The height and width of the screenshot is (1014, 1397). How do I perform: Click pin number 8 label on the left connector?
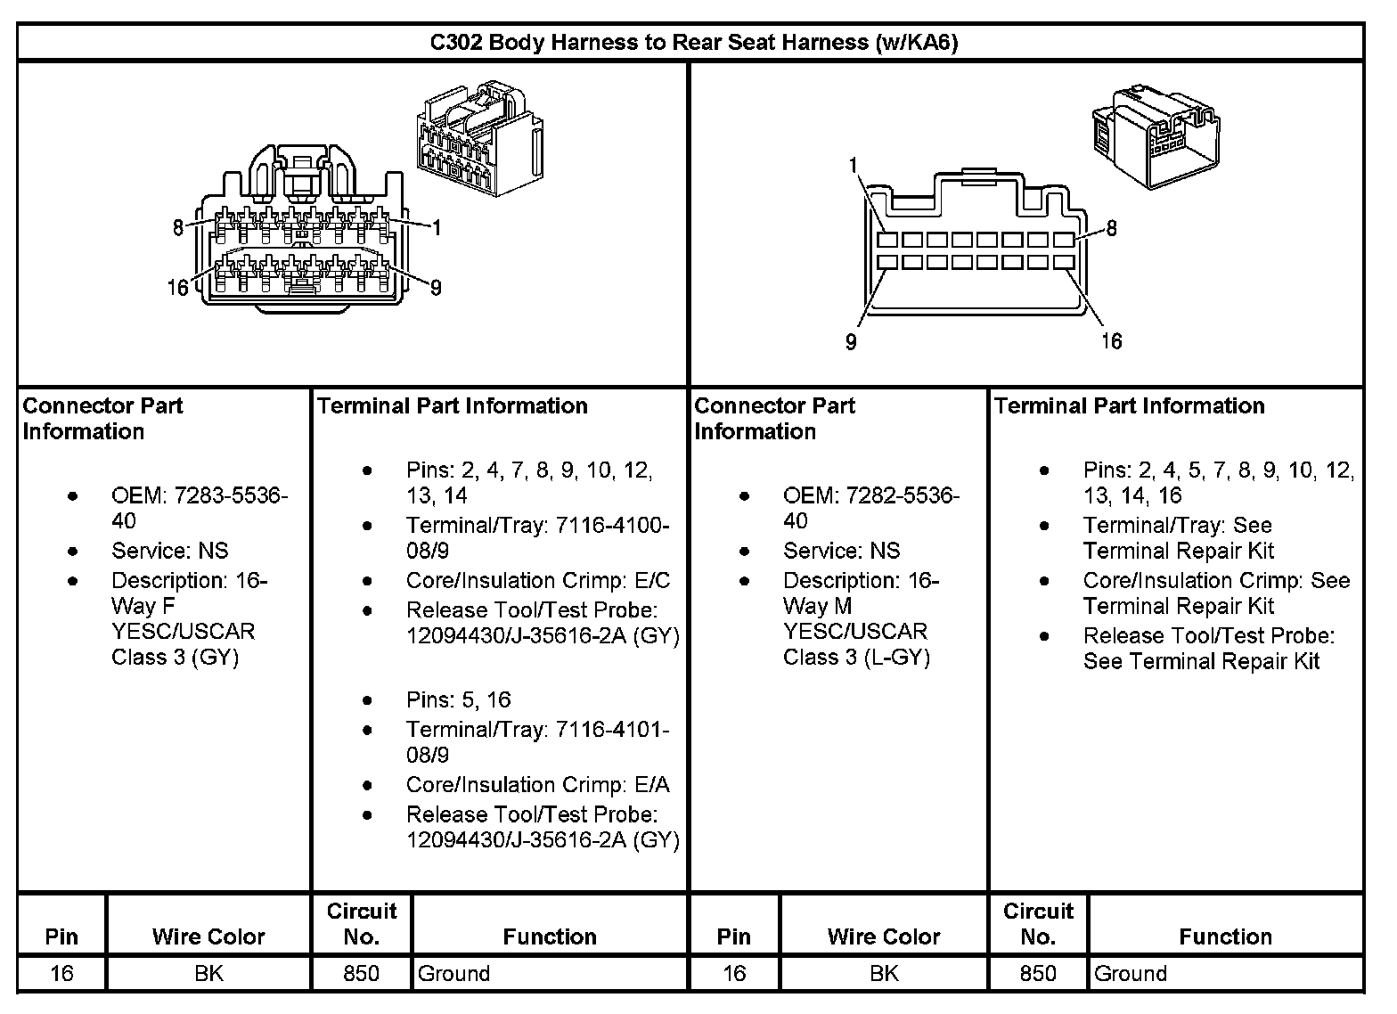click(178, 228)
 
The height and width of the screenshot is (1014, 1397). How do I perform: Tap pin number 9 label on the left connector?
click(436, 287)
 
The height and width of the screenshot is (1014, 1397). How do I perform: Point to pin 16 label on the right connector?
click(1111, 340)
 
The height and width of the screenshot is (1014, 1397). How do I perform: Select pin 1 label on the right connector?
click(854, 165)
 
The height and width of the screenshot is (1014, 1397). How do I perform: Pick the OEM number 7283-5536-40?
click(200, 508)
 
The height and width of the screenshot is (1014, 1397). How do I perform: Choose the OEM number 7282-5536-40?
click(870, 508)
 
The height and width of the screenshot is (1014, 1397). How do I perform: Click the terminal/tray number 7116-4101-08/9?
click(537, 742)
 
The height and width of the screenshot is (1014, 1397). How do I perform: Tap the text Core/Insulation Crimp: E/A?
click(537, 784)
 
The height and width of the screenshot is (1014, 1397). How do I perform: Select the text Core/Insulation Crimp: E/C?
click(537, 581)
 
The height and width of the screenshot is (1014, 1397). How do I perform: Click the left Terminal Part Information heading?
click(453, 406)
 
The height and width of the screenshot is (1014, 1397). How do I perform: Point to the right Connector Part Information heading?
click(773, 419)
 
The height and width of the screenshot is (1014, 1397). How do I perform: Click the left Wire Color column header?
click(208, 936)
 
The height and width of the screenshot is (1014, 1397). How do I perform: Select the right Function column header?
click(1225, 936)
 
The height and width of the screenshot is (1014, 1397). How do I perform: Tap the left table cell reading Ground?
click(454, 973)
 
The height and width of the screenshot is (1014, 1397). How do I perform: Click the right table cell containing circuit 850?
click(1038, 973)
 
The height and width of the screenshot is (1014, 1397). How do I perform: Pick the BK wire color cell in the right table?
click(883, 973)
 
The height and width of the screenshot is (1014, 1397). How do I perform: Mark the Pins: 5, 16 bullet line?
click(459, 699)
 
